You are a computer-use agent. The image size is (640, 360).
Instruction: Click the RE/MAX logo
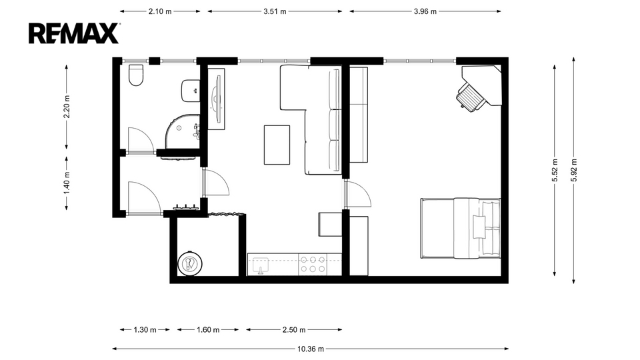coord(74,33)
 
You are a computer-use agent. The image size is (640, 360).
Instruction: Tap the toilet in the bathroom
coord(136,75)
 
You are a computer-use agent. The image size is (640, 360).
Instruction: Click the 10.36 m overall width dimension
coord(310,349)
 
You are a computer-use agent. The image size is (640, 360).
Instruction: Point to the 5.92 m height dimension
coord(574,170)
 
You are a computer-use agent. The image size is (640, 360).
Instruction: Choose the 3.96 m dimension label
coord(425,11)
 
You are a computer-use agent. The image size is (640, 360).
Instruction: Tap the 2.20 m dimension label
coord(67,107)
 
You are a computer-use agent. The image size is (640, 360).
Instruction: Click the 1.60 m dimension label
coord(208,330)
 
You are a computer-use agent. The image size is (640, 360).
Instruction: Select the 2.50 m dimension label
coord(294,330)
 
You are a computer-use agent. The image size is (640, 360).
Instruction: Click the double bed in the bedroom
coord(461,228)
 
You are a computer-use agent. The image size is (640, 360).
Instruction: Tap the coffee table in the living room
coord(277,145)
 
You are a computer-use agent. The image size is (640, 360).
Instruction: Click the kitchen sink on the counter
coord(261,265)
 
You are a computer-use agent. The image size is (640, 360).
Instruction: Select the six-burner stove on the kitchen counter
coord(313,264)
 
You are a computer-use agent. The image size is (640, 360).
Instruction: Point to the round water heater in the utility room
coord(190,263)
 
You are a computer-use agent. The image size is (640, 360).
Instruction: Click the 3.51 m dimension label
coord(275,11)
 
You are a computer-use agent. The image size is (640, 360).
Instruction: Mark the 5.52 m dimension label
coord(555,170)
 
